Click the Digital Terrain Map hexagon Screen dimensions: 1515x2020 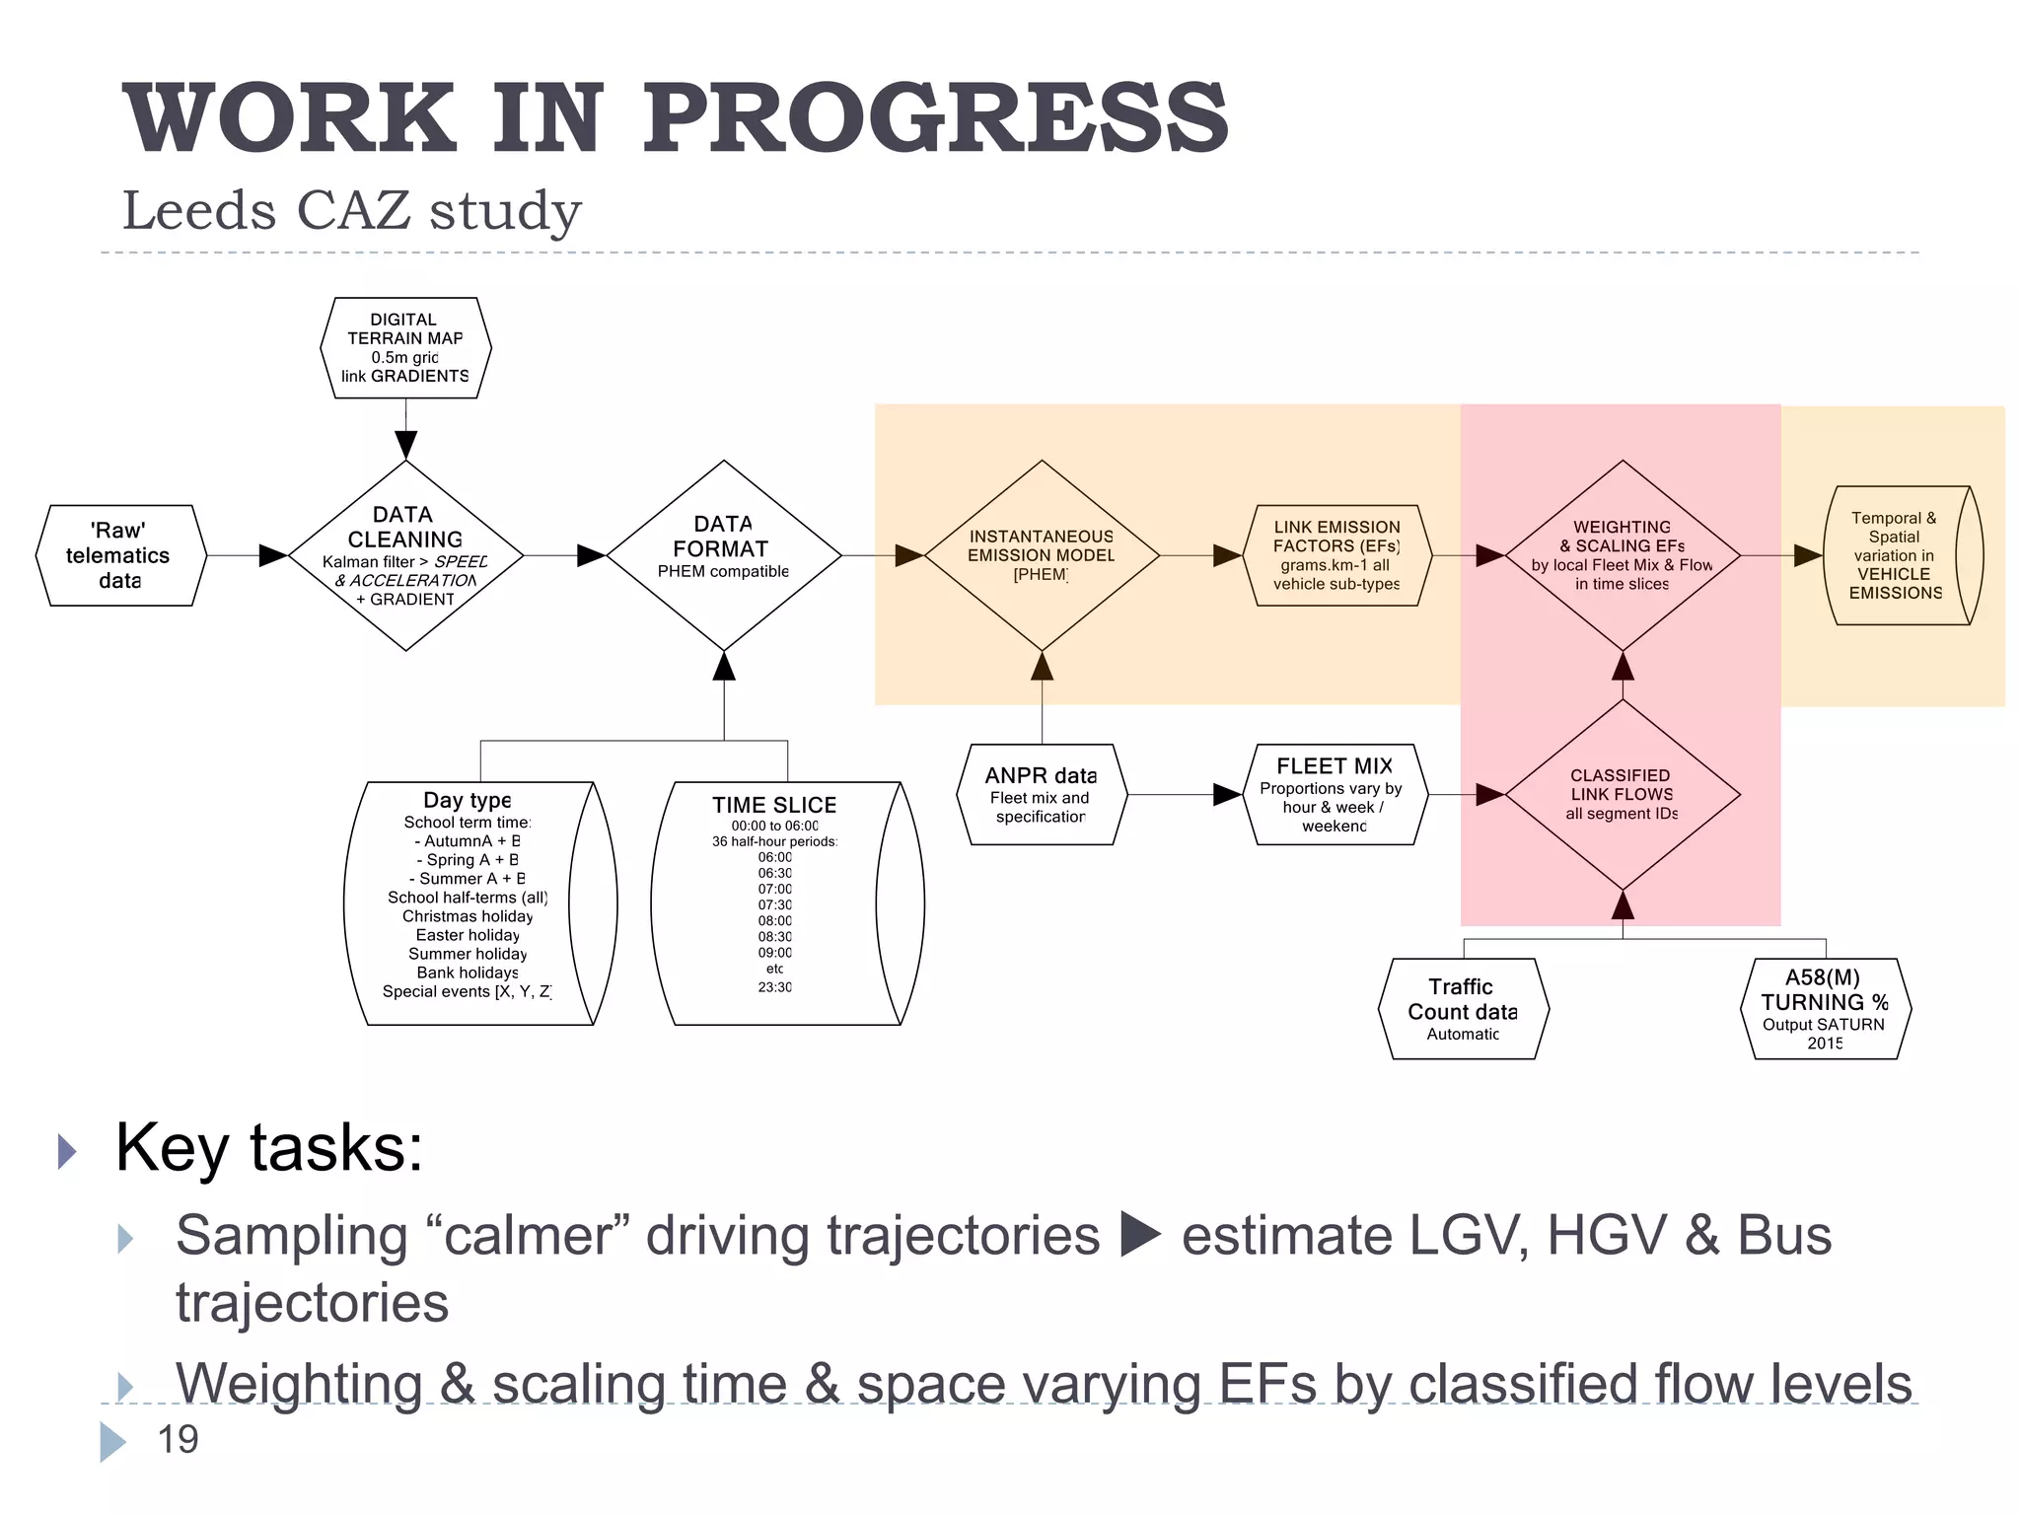coord(405,347)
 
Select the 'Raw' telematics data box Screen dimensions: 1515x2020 coord(120,555)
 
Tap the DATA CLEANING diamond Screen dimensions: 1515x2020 coord(405,554)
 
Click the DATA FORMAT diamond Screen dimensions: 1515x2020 coord(724,554)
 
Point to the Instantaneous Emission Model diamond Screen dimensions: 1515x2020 coord(1042,554)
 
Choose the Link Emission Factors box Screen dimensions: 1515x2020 coord(1336,554)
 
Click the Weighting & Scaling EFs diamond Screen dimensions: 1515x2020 coord(1623,554)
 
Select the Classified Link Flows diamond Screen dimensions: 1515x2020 coord(1623,794)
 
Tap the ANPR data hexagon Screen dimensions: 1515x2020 coord(1042,794)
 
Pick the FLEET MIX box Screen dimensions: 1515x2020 coord(1334,794)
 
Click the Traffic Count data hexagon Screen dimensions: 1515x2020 coord(1463,1008)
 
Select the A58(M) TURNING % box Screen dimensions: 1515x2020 coord(1824,1008)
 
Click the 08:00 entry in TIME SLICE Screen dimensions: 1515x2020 coord(774,920)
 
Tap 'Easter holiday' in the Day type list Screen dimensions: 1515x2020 coord(468,935)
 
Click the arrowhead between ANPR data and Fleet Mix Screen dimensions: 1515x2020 coord(1226,794)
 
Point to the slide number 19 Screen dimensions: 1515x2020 coord(178,1439)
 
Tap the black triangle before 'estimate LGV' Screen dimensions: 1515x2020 coord(1141,1235)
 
